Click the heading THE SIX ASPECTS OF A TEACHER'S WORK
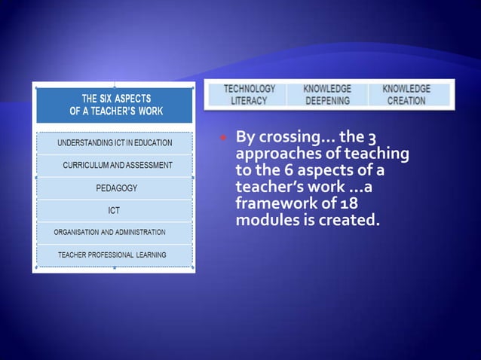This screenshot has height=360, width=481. tap(115, 105)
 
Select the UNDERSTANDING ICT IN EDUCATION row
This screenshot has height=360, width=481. tap(115, 142)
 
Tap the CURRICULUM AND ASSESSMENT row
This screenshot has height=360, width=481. tap(117, 165)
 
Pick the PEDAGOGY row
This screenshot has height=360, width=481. tap(115, 188)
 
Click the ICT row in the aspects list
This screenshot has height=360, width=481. tap(115, 210)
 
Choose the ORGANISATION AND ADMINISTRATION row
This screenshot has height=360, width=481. tap(109, 232)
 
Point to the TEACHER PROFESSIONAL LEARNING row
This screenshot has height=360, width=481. tap(112, 255)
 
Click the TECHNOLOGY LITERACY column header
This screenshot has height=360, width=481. tap(249, 95)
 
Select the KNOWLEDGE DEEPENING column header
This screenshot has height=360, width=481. tap(327, 95)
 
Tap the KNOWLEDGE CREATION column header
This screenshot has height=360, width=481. tap(406, 95)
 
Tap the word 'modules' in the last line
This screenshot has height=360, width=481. tap(264, 221)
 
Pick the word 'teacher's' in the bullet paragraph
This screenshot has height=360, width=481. tap(268, 188)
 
